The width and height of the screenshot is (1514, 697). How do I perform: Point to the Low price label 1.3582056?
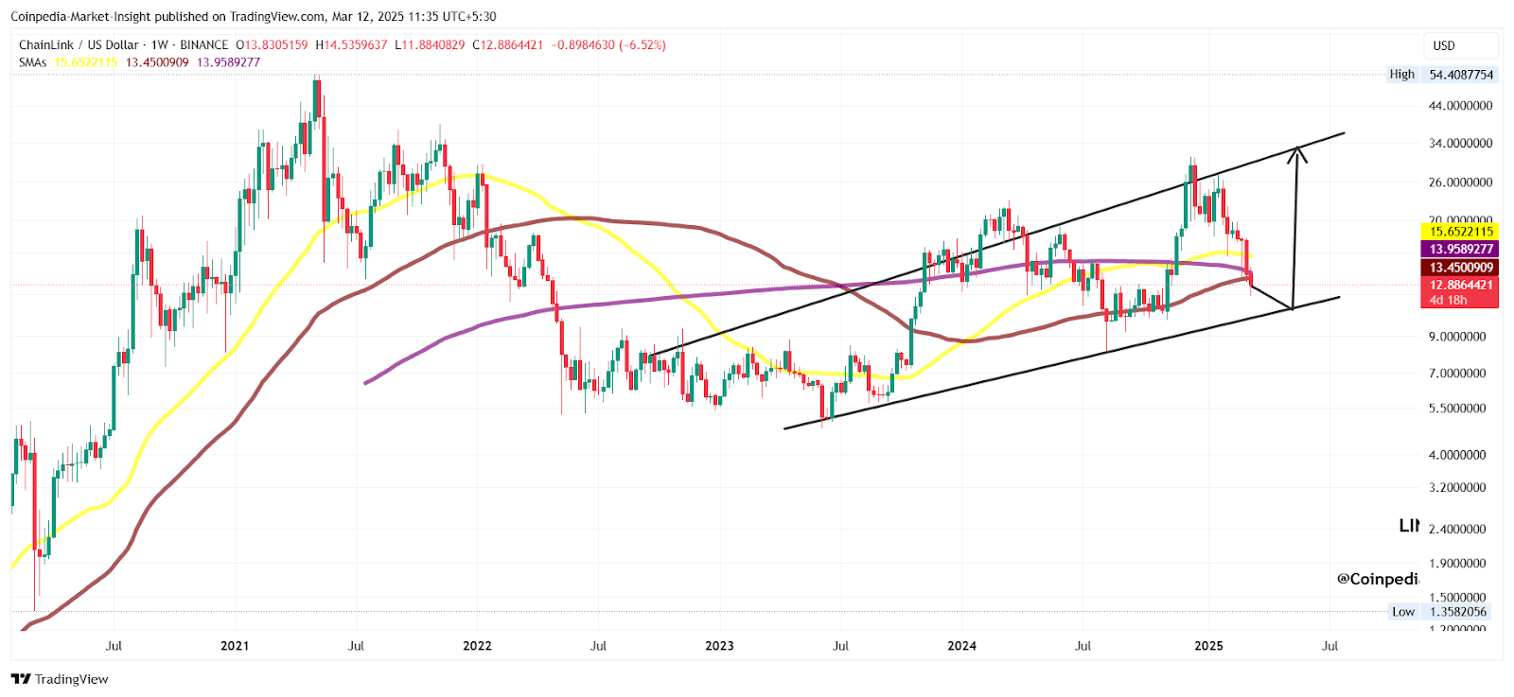tap(1457, 612)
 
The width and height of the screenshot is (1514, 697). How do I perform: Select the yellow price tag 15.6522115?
tap(1461, 232)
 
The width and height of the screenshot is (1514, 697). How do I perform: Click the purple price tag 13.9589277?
tap(1461, 250)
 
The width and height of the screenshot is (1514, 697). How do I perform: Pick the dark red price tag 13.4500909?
tap(1461, 268)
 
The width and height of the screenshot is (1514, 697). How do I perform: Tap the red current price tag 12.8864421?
tap(1461, 285)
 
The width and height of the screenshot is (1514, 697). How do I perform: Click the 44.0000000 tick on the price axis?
tap(1460, 106)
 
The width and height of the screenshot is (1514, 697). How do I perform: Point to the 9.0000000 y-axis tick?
tap(1457, 337)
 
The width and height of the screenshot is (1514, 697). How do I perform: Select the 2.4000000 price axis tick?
tap(1457, 530)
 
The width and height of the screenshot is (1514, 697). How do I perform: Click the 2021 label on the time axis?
tap(235, 646)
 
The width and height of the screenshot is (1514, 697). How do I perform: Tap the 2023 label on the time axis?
tap(719, 646)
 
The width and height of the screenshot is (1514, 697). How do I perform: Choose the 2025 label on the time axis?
tap(1208, 646)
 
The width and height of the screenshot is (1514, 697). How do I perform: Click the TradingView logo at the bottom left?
tap(60, 679)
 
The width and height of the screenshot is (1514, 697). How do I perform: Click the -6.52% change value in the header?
tap(643, 45)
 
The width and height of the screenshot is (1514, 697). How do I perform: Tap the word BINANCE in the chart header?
tap(203, 45)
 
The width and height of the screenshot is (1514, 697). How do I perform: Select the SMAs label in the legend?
tap(32, 62)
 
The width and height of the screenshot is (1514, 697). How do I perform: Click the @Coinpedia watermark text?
tap(1377, 579)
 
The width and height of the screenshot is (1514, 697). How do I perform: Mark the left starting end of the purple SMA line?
tap(366, 382)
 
